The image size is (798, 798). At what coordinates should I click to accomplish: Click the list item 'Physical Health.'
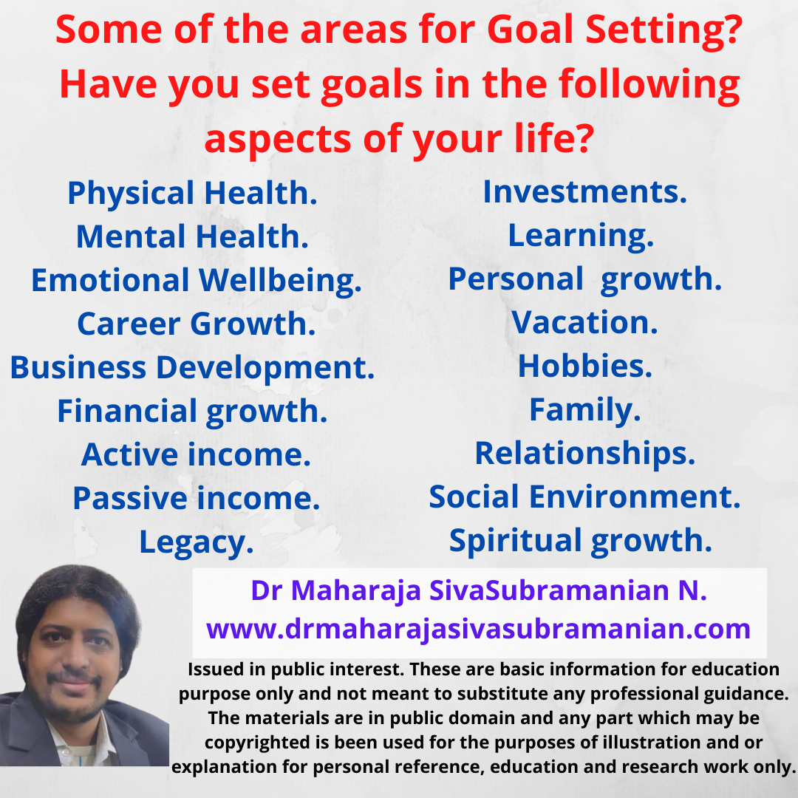coord(192,194)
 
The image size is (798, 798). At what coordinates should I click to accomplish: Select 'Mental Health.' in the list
coord(192,236)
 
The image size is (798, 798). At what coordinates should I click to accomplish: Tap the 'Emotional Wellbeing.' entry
coord(197,281)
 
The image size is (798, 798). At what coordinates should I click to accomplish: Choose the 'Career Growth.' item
coord(197,324)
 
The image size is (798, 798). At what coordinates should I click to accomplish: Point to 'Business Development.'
coord(192,368)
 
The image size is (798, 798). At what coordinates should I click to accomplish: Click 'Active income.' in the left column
coord(196,454)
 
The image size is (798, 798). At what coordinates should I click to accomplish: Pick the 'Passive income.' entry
coord(197,498)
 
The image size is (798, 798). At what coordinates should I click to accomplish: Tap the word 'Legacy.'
coord(197,543)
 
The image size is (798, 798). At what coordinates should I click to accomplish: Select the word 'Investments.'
coord(584,192)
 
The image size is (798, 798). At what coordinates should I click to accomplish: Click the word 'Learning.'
coord(581,236)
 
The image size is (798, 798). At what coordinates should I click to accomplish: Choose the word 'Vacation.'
coord(584,323)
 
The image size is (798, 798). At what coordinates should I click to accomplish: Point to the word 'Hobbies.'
coord(584,366)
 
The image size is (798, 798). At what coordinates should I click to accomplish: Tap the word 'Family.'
coord(584,410)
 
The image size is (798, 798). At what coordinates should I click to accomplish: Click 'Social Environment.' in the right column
coord(584,497)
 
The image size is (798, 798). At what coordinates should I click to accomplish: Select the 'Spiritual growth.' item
coord(581,541)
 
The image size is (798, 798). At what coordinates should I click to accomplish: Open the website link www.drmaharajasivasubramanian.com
coord(478,629)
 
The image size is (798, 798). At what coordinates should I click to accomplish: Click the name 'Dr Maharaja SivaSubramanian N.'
coord(479,591)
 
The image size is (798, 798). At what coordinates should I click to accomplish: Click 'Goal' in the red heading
coord(531,30)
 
